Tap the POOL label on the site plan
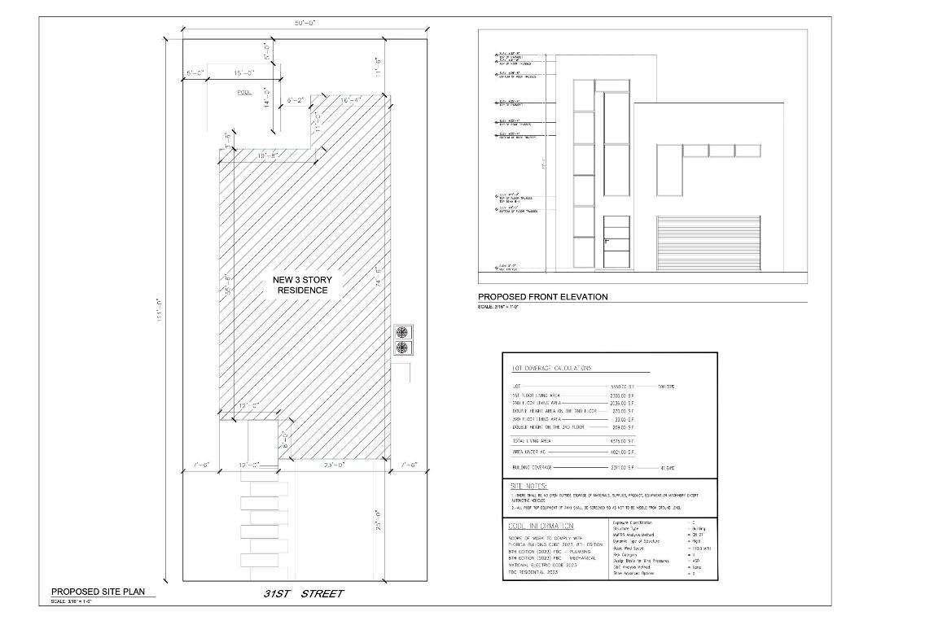coord(244,93)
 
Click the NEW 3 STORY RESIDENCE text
coord(302,285)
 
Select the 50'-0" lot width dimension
coord(306,23)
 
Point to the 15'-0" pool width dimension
coord(243,73)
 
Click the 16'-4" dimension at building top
coord(351,100)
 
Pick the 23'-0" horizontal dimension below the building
coord(335,465)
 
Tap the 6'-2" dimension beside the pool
coord(296,100)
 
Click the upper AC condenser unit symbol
coord(401,332)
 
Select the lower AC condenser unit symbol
coord(401,348)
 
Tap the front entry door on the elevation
coord(617,242)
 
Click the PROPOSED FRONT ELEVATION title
coord(542,297)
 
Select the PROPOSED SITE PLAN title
coord(99,592)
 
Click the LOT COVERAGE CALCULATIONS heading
coord(551,369)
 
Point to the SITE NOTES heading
coord(528,485)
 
